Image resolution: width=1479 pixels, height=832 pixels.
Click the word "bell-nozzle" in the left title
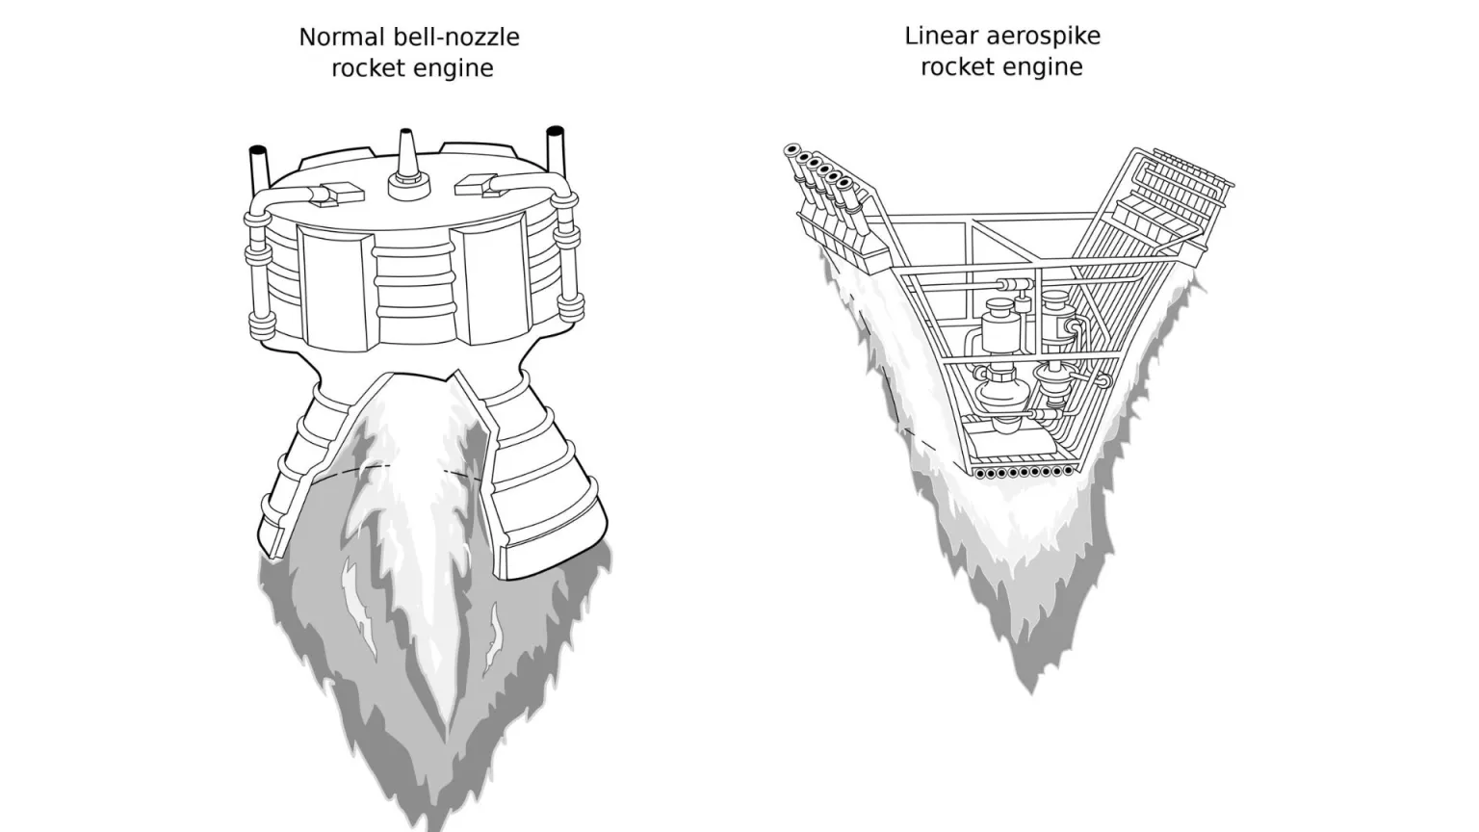coord(456,37)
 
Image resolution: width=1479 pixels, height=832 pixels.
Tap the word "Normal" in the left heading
coord(342,37)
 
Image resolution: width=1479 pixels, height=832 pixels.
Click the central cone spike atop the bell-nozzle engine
coord(408,165)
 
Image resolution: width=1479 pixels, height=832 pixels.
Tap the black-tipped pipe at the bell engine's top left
coord(259,169)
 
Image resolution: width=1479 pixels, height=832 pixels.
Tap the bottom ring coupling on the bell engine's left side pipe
coord(262,326)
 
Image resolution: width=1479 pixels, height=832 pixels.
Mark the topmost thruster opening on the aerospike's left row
coord(791,151)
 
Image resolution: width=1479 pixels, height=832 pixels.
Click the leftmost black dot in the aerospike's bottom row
coord(981,474)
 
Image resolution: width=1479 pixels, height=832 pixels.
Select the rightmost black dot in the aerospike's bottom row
coord(1068,471)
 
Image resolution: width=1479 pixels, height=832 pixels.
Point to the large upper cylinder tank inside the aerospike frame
coord(1001,325)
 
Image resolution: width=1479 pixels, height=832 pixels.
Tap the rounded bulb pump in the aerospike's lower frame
coord(1002,391)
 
